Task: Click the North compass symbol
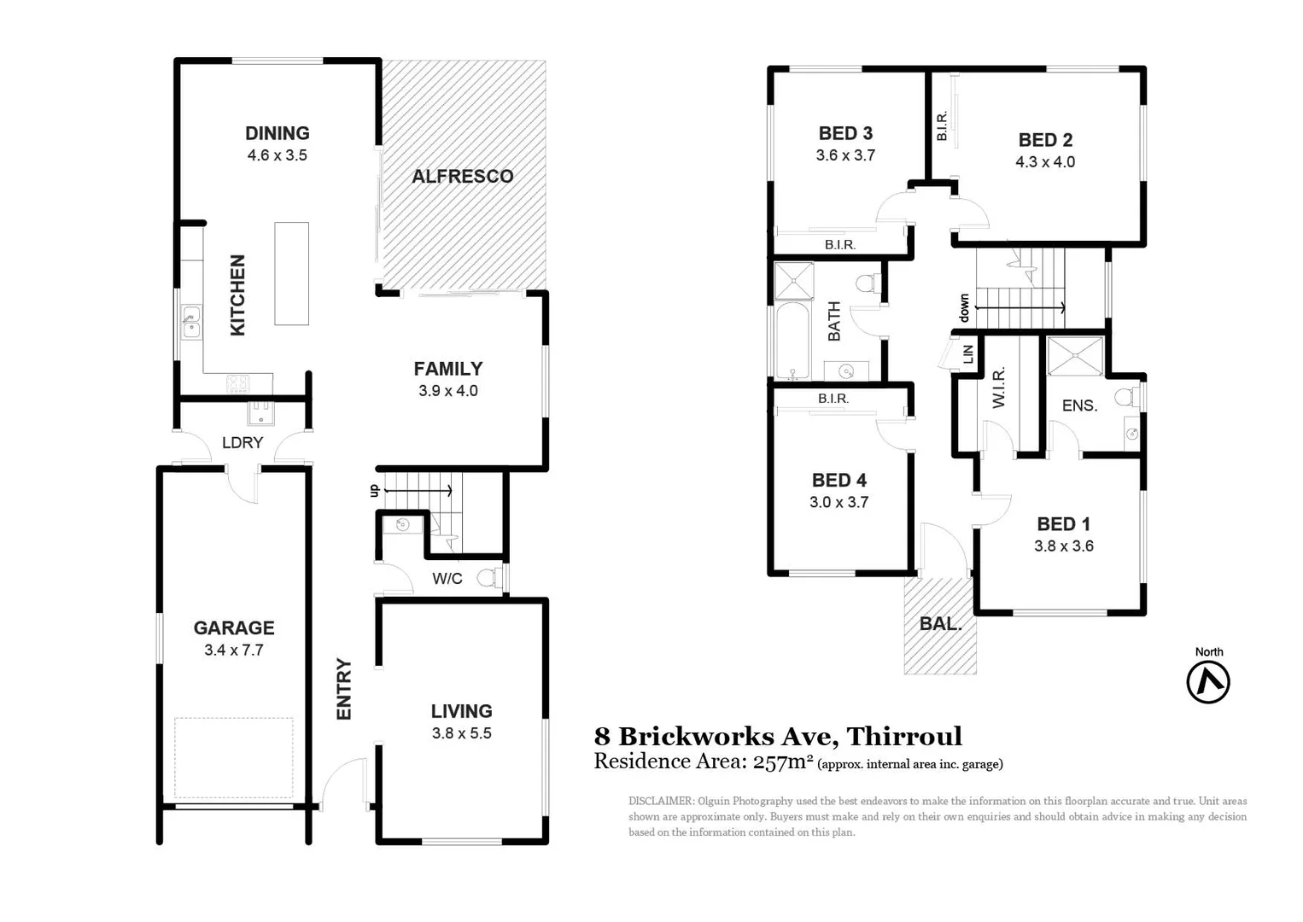[1208, 682]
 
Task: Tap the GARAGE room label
[234, 628]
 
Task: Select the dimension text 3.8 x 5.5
[461, 733]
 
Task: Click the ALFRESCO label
[462, 177]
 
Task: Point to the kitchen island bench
[291, 273]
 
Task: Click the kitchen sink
[190, 323]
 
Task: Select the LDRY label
[242, 442]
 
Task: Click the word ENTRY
[344, 689]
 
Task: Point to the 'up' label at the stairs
[373, 490]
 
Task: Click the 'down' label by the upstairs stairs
[964, 307]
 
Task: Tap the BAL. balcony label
[940, 624]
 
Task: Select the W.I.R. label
[999, 388]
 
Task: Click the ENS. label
[1079, 406]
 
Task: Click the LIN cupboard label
[968, 353]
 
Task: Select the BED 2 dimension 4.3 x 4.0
[1045, 162]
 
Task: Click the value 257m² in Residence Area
[782, 762]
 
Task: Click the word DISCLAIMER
[660, 801]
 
